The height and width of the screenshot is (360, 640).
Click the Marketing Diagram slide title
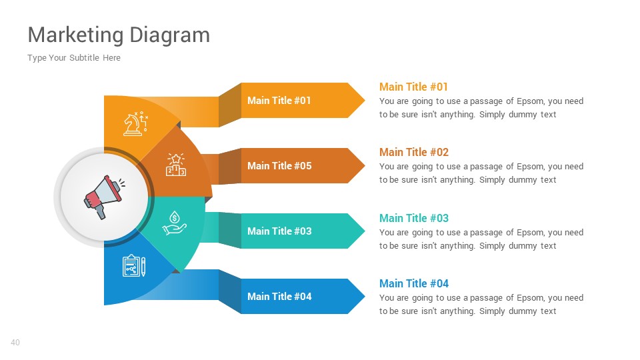pos(119,35)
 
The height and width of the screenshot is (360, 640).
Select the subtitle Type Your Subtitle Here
pos(74,58)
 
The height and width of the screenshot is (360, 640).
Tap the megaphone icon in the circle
pos(103,196)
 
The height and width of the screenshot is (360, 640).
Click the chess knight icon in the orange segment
pos(135,124)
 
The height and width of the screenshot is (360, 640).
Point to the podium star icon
pos(176,165)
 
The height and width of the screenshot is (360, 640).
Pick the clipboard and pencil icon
pos(133,265)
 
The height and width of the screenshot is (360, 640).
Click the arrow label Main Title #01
pos(279,101)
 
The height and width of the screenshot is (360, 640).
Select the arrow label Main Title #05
pos(279,166)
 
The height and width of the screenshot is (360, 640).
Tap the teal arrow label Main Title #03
pos(279,231)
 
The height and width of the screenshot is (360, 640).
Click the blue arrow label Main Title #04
pos(279,297)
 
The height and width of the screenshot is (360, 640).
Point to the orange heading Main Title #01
pos(413,87)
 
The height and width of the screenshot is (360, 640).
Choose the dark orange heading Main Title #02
pos(414,152)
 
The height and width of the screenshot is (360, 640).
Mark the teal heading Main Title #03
pos(414,218)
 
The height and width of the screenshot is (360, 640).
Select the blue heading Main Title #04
pos(414,283)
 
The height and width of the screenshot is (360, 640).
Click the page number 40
pos(15,343)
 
